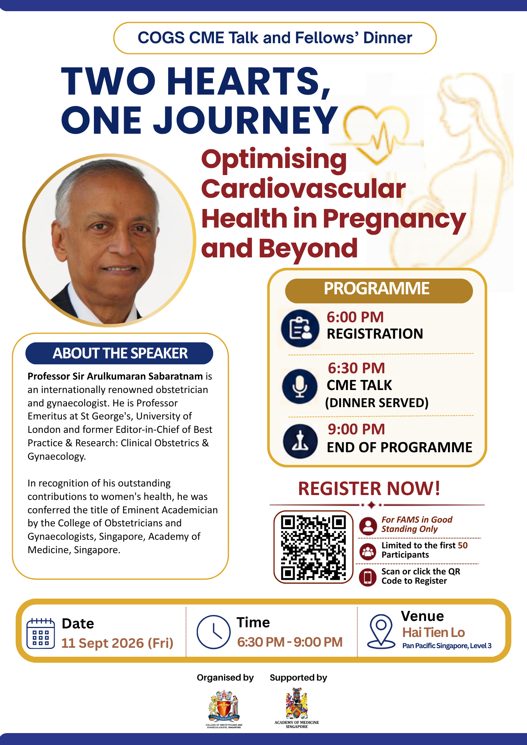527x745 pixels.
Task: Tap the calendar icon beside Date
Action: [41, 633]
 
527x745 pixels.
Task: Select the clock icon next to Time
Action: [214, 632]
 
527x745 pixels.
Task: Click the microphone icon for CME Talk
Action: [300, 386]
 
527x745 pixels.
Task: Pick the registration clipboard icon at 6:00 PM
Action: [300, 328]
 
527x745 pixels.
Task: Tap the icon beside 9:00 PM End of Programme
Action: [300, 441]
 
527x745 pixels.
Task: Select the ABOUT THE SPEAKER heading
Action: [119, 353]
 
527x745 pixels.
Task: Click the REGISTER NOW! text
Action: [369, 488]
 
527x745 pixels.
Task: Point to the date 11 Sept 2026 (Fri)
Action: [117, 643]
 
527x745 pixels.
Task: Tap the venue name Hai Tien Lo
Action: [433, 632]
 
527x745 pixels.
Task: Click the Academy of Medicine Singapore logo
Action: [297, 708]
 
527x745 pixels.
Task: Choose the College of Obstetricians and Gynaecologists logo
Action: [224, 709]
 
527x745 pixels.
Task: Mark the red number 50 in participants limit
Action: [463, 545]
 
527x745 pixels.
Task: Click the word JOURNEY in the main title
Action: [246, 120]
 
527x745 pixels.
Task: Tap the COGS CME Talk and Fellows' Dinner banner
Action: [275, 38]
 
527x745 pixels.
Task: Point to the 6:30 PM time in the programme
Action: [356, 368]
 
